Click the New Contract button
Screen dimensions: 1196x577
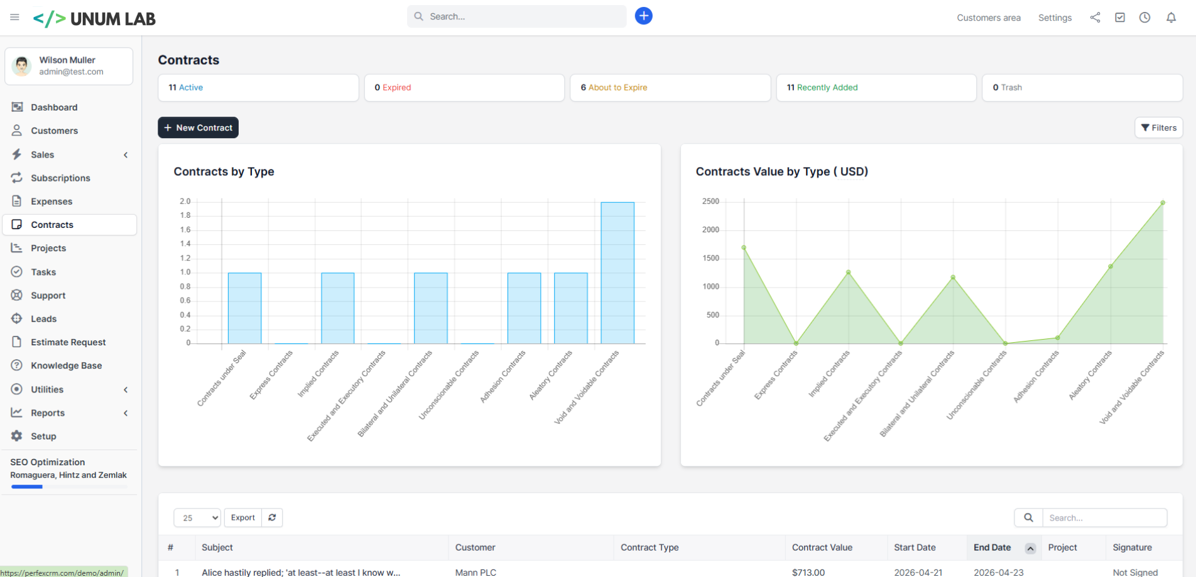(198, 127)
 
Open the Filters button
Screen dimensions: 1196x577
(1158, 127)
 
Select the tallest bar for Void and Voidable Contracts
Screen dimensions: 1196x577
(617, 272)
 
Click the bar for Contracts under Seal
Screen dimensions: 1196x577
(244, 308)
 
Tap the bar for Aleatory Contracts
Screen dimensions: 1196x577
(571, 308)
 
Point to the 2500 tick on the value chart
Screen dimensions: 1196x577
(710, 202)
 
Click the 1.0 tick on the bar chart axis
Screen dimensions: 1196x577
(185, 272)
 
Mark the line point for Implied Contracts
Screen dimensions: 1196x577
(849, 272)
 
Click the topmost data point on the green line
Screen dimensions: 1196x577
(1163, 203)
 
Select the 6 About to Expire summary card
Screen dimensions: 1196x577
(670, 88)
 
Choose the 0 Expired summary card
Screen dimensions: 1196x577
(464, 88)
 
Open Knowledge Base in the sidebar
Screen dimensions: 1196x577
(66, 365)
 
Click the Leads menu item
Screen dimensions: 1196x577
(43, 319)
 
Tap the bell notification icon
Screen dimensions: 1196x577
(1171, 18)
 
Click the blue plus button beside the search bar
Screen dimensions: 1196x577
(643, 16)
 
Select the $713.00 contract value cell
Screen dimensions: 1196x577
(808, 572)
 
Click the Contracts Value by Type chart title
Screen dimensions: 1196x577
(782, 171)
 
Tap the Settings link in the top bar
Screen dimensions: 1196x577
(1055, 18)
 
